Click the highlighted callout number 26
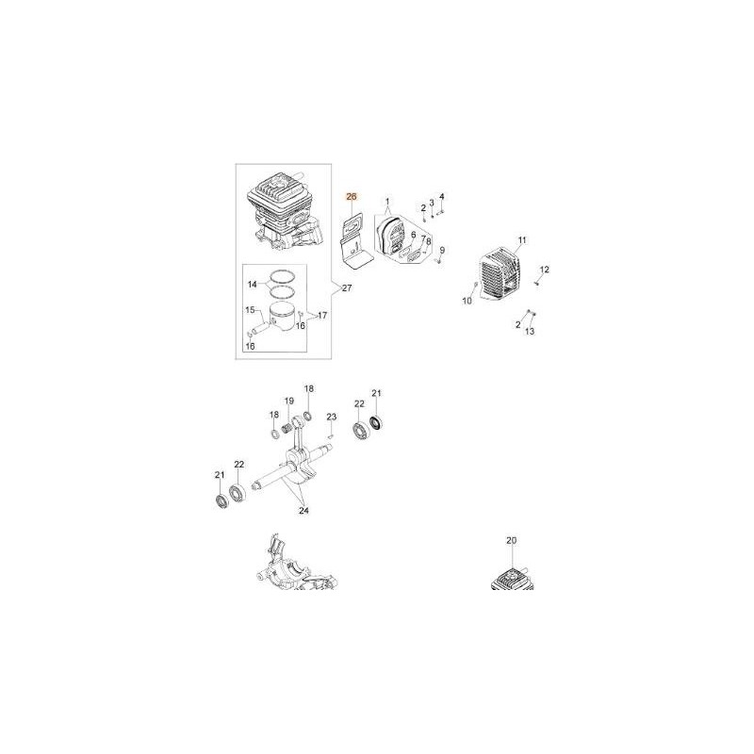point(352,196)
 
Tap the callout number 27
point(346,288)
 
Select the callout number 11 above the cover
point(522,240)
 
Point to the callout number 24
point(303,511)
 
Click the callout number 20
point(511,540)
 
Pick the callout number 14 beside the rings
point(252,285)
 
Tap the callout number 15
point(250,310)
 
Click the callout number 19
point(288,401)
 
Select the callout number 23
point(332,417)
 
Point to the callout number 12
point(544,270)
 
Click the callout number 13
point(529,332)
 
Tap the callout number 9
point(442,250)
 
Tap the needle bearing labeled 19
point(287,426)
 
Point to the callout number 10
point(467,301)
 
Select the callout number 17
point(322,316)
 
